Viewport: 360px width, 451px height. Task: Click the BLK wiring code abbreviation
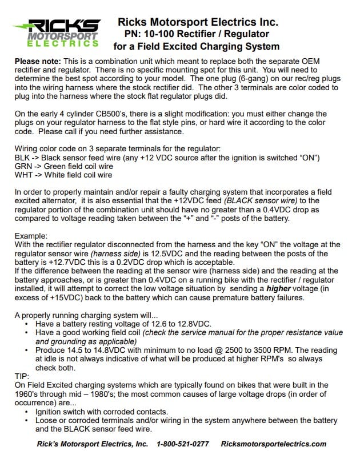coord(23,157)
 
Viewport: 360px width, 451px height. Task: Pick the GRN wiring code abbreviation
coord(24,166)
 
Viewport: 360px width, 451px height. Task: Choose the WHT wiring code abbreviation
coord(24,175)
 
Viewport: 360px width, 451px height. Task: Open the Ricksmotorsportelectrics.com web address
coord(273,444)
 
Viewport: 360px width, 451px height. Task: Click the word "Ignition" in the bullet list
coord(50,412)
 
